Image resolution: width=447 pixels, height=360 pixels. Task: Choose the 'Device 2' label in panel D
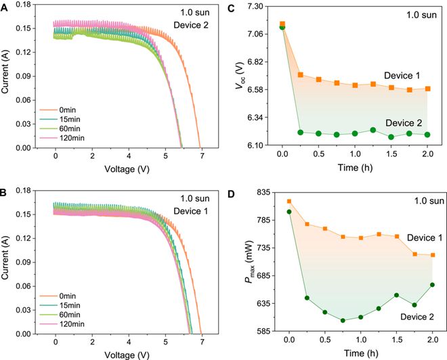(398, 317)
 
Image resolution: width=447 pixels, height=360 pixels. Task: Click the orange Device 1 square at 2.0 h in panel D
(433, 255)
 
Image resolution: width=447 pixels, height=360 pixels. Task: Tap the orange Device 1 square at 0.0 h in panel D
(290, 201)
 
